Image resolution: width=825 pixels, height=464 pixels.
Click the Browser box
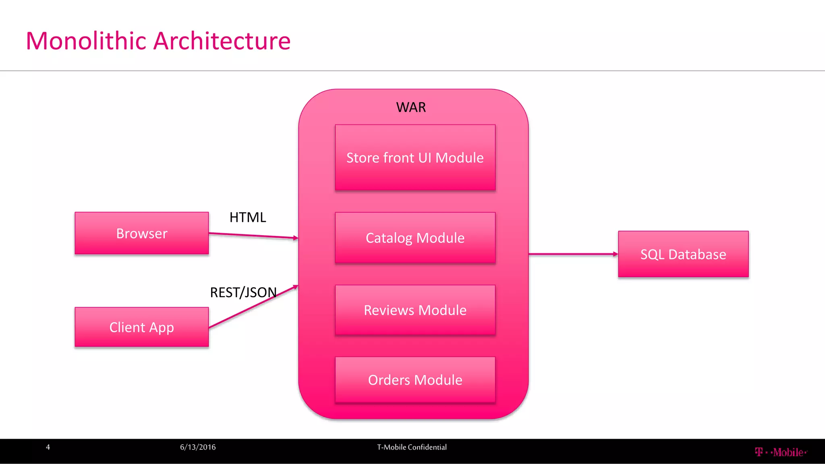[141, 233]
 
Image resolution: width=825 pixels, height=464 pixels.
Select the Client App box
[141, 327]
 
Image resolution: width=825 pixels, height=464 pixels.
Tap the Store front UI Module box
[415, 157]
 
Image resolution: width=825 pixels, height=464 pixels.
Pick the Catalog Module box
[415, 238]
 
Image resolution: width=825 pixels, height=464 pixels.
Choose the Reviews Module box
[415, 310]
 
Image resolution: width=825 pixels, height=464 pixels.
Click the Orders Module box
[415, 380]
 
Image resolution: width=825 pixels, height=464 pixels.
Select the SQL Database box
[683, 254]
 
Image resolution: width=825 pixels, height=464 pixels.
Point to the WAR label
[411, 107]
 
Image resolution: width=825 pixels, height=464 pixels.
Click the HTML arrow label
[248, 217]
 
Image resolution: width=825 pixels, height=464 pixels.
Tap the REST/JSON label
[243, 292]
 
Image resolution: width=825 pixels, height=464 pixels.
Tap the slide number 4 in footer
[48, 447]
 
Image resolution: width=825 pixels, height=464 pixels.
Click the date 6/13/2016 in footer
[198, 447]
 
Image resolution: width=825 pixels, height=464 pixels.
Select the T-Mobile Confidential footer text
[412, 447]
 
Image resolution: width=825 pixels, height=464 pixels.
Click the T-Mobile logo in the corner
[781, 452]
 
